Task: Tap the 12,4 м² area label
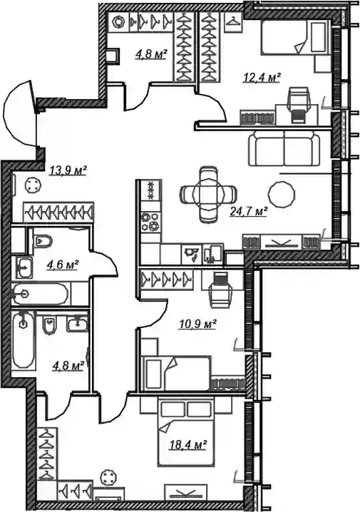262,78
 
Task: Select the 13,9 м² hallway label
68,170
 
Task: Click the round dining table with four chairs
209,194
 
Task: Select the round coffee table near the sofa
282,194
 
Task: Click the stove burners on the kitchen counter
151,221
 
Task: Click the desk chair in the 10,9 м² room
221,290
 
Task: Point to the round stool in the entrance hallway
32,185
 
